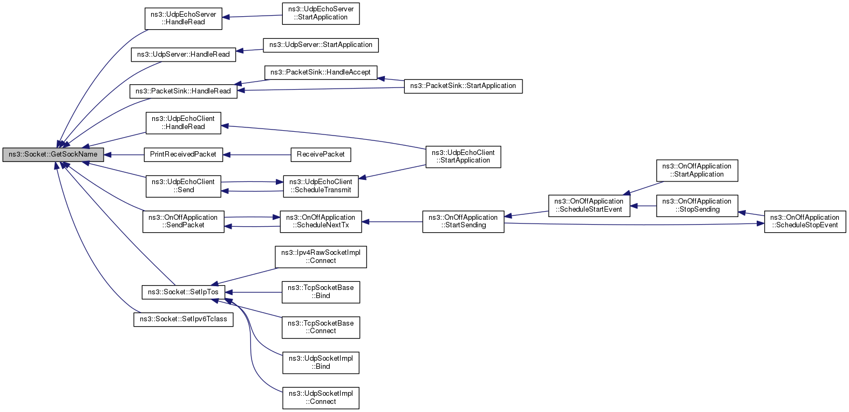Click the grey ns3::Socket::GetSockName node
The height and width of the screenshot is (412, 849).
click(x=53, y=154)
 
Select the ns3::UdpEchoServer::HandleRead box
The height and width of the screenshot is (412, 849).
click(x=183, y=18)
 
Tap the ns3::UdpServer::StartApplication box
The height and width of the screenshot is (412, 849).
click(x=321, y=45)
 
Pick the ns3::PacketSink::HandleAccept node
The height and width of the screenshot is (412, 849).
click(x=321, y=72)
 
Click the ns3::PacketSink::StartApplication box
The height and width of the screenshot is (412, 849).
click(x=463, y=86)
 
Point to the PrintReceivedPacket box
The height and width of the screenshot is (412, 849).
click(x=183, y=154)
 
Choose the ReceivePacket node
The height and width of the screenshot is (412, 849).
click(x=321, y=154)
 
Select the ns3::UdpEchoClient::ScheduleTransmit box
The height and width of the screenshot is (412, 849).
click(x=321, y=186)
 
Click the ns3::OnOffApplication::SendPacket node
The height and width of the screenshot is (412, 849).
click(x=183, y=222)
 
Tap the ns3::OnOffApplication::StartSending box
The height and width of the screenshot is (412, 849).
click(x=463, y=222)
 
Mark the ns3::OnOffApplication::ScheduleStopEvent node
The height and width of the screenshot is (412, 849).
click(x=805, y=222)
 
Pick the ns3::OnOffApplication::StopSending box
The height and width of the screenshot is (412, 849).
click(x=697, y=206)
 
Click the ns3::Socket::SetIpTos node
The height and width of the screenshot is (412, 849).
click(x=183, y=292)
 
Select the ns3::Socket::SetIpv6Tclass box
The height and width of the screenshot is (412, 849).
click(x=183, y=319)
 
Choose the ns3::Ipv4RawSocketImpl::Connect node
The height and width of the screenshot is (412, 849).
click(x=321, y=257)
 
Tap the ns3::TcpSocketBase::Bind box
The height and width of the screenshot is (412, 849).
click(x=321, y=292)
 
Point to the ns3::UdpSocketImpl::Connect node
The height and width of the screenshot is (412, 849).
click(x=321, y=398)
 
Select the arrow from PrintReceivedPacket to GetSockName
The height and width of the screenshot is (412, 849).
click(x=124, y=154)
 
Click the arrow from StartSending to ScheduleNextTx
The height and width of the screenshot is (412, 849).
click(x=392, y=222)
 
